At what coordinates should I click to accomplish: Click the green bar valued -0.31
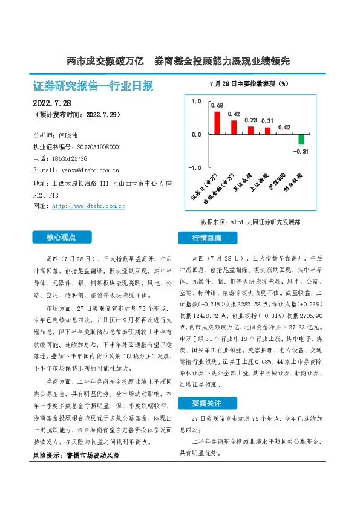pos(301,139)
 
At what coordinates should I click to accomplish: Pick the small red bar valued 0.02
pos(284,133)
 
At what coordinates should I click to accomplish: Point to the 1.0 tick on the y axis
pos(196,102)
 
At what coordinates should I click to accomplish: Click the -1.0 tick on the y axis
pos(195,167)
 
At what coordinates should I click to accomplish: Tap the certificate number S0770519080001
pos(99,147)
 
